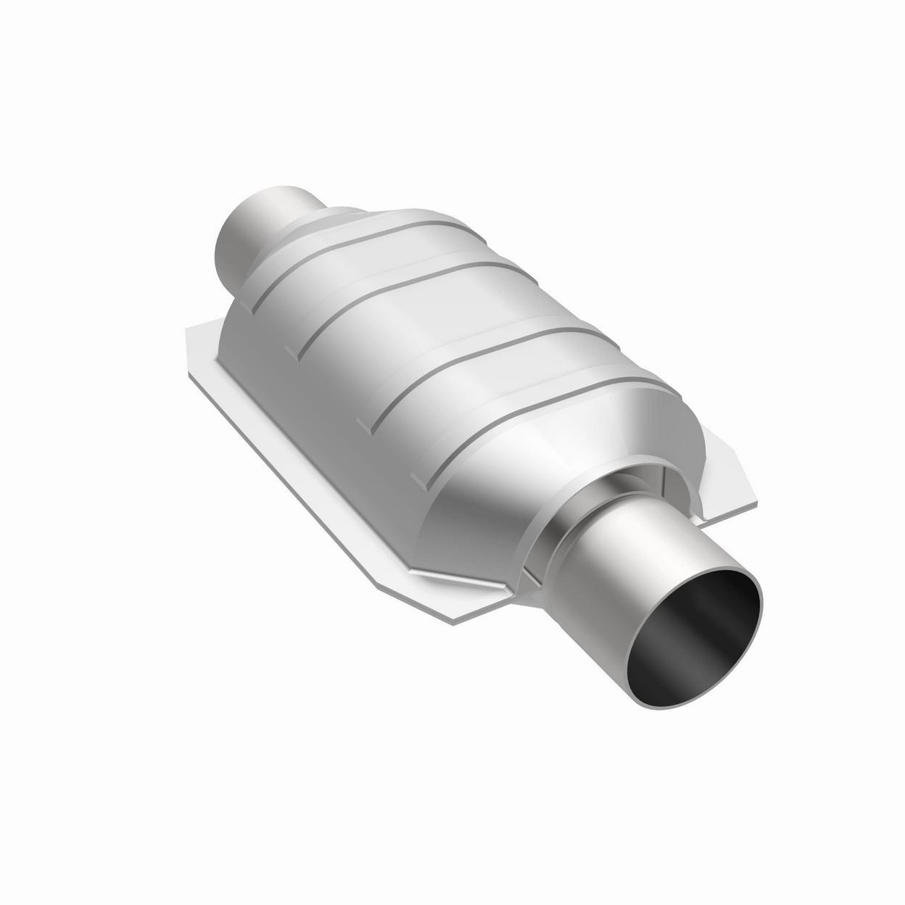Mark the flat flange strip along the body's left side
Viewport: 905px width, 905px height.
[x=305, y=464]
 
